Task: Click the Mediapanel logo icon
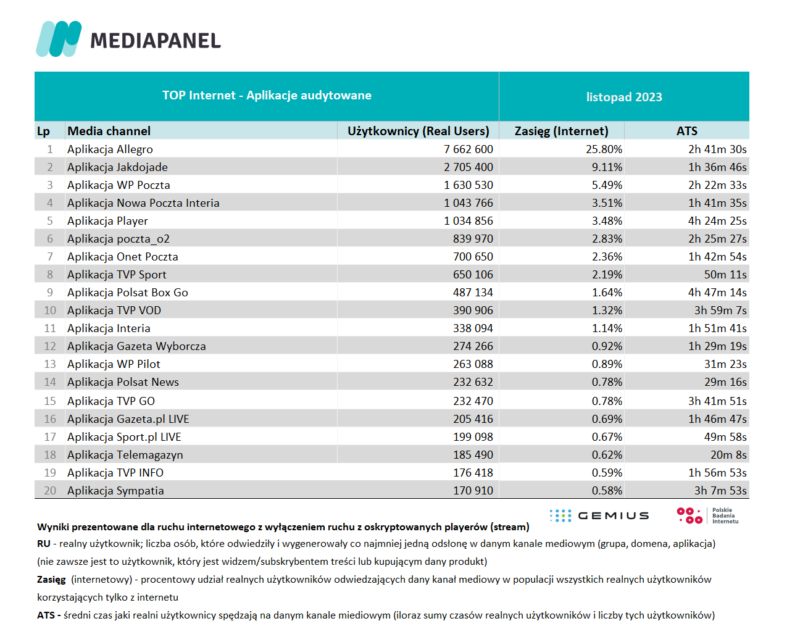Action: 59,39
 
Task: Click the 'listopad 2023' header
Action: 624,97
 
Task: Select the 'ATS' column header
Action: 687,131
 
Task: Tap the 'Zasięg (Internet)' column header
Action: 561,131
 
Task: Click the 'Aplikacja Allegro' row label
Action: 110,149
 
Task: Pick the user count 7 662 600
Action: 469,149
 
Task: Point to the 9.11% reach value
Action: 607,167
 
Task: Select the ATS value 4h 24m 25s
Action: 717,221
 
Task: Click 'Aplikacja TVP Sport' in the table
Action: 117,275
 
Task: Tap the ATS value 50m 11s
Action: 725,275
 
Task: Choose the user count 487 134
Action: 473,293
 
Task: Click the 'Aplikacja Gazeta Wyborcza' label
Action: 136,346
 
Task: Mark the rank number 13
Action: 50,364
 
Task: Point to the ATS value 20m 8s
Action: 728,455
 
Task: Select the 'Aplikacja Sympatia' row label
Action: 115,491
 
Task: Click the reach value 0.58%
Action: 607,491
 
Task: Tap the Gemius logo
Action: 599,515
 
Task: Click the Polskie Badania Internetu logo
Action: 707,515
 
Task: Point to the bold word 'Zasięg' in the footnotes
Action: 51,580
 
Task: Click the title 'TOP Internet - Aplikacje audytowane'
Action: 267,95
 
